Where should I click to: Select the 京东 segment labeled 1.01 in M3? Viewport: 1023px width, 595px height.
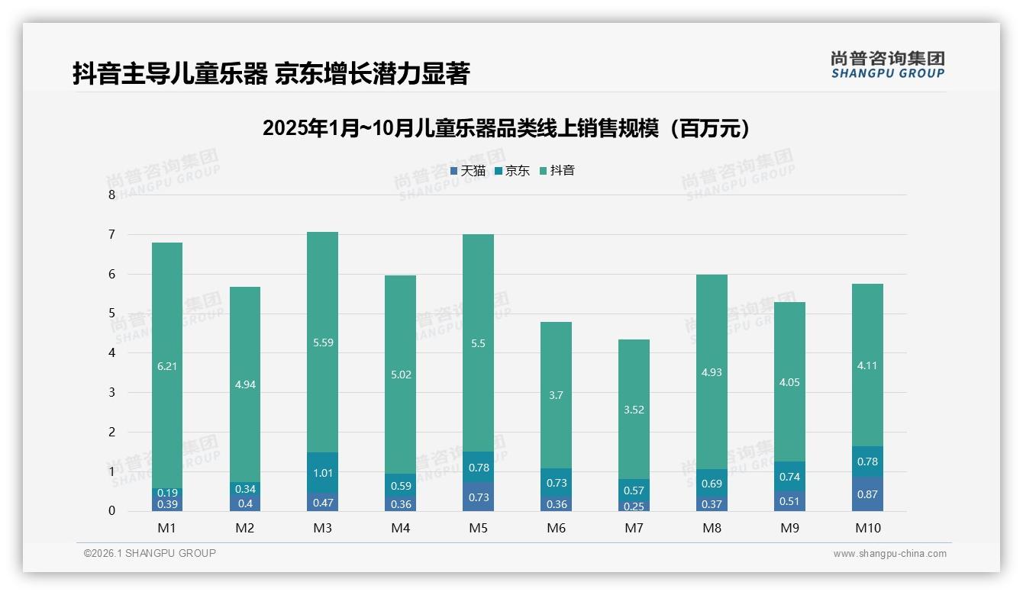[322, 472]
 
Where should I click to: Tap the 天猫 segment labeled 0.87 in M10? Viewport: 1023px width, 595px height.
[867, 494]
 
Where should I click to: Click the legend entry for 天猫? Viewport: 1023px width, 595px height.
[468, 171]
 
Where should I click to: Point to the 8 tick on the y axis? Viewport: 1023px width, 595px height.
[111, 195]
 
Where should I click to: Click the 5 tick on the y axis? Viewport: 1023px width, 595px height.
[111, 314]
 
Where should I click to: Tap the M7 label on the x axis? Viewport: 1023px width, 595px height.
[634, 528]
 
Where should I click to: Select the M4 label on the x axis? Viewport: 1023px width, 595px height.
[401, 528]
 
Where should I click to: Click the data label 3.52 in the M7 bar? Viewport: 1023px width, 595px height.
[634, 410]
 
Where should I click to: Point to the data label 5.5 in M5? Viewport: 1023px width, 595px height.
[478, 344]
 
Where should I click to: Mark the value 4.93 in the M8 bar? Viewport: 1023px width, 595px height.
[712, 373]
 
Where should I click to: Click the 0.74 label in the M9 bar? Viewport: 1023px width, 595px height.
[789, 477]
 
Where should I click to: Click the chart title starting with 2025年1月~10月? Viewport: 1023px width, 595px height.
[506, 128]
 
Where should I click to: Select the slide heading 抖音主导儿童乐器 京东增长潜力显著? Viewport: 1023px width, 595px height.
[270, 73]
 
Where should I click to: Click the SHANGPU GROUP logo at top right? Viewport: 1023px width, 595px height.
[887, 65]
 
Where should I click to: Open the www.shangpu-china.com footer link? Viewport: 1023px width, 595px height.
[889, 554]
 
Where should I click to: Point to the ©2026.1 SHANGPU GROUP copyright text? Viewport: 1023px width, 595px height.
[150, 553]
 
